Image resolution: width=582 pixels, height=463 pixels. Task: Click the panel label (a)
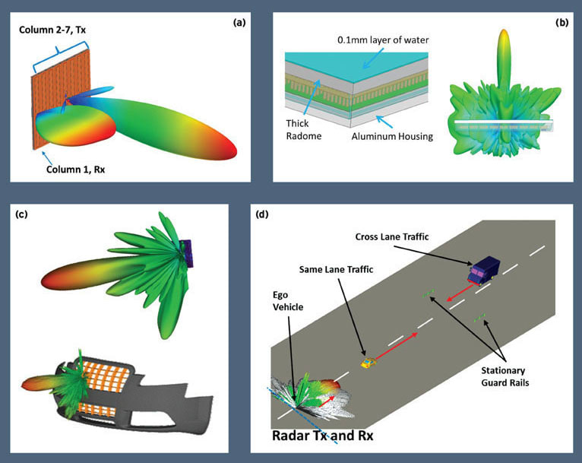pos(239,24)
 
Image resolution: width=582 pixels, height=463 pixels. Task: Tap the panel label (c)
pos(21,214)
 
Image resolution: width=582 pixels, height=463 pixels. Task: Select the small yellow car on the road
pos(368,363)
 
